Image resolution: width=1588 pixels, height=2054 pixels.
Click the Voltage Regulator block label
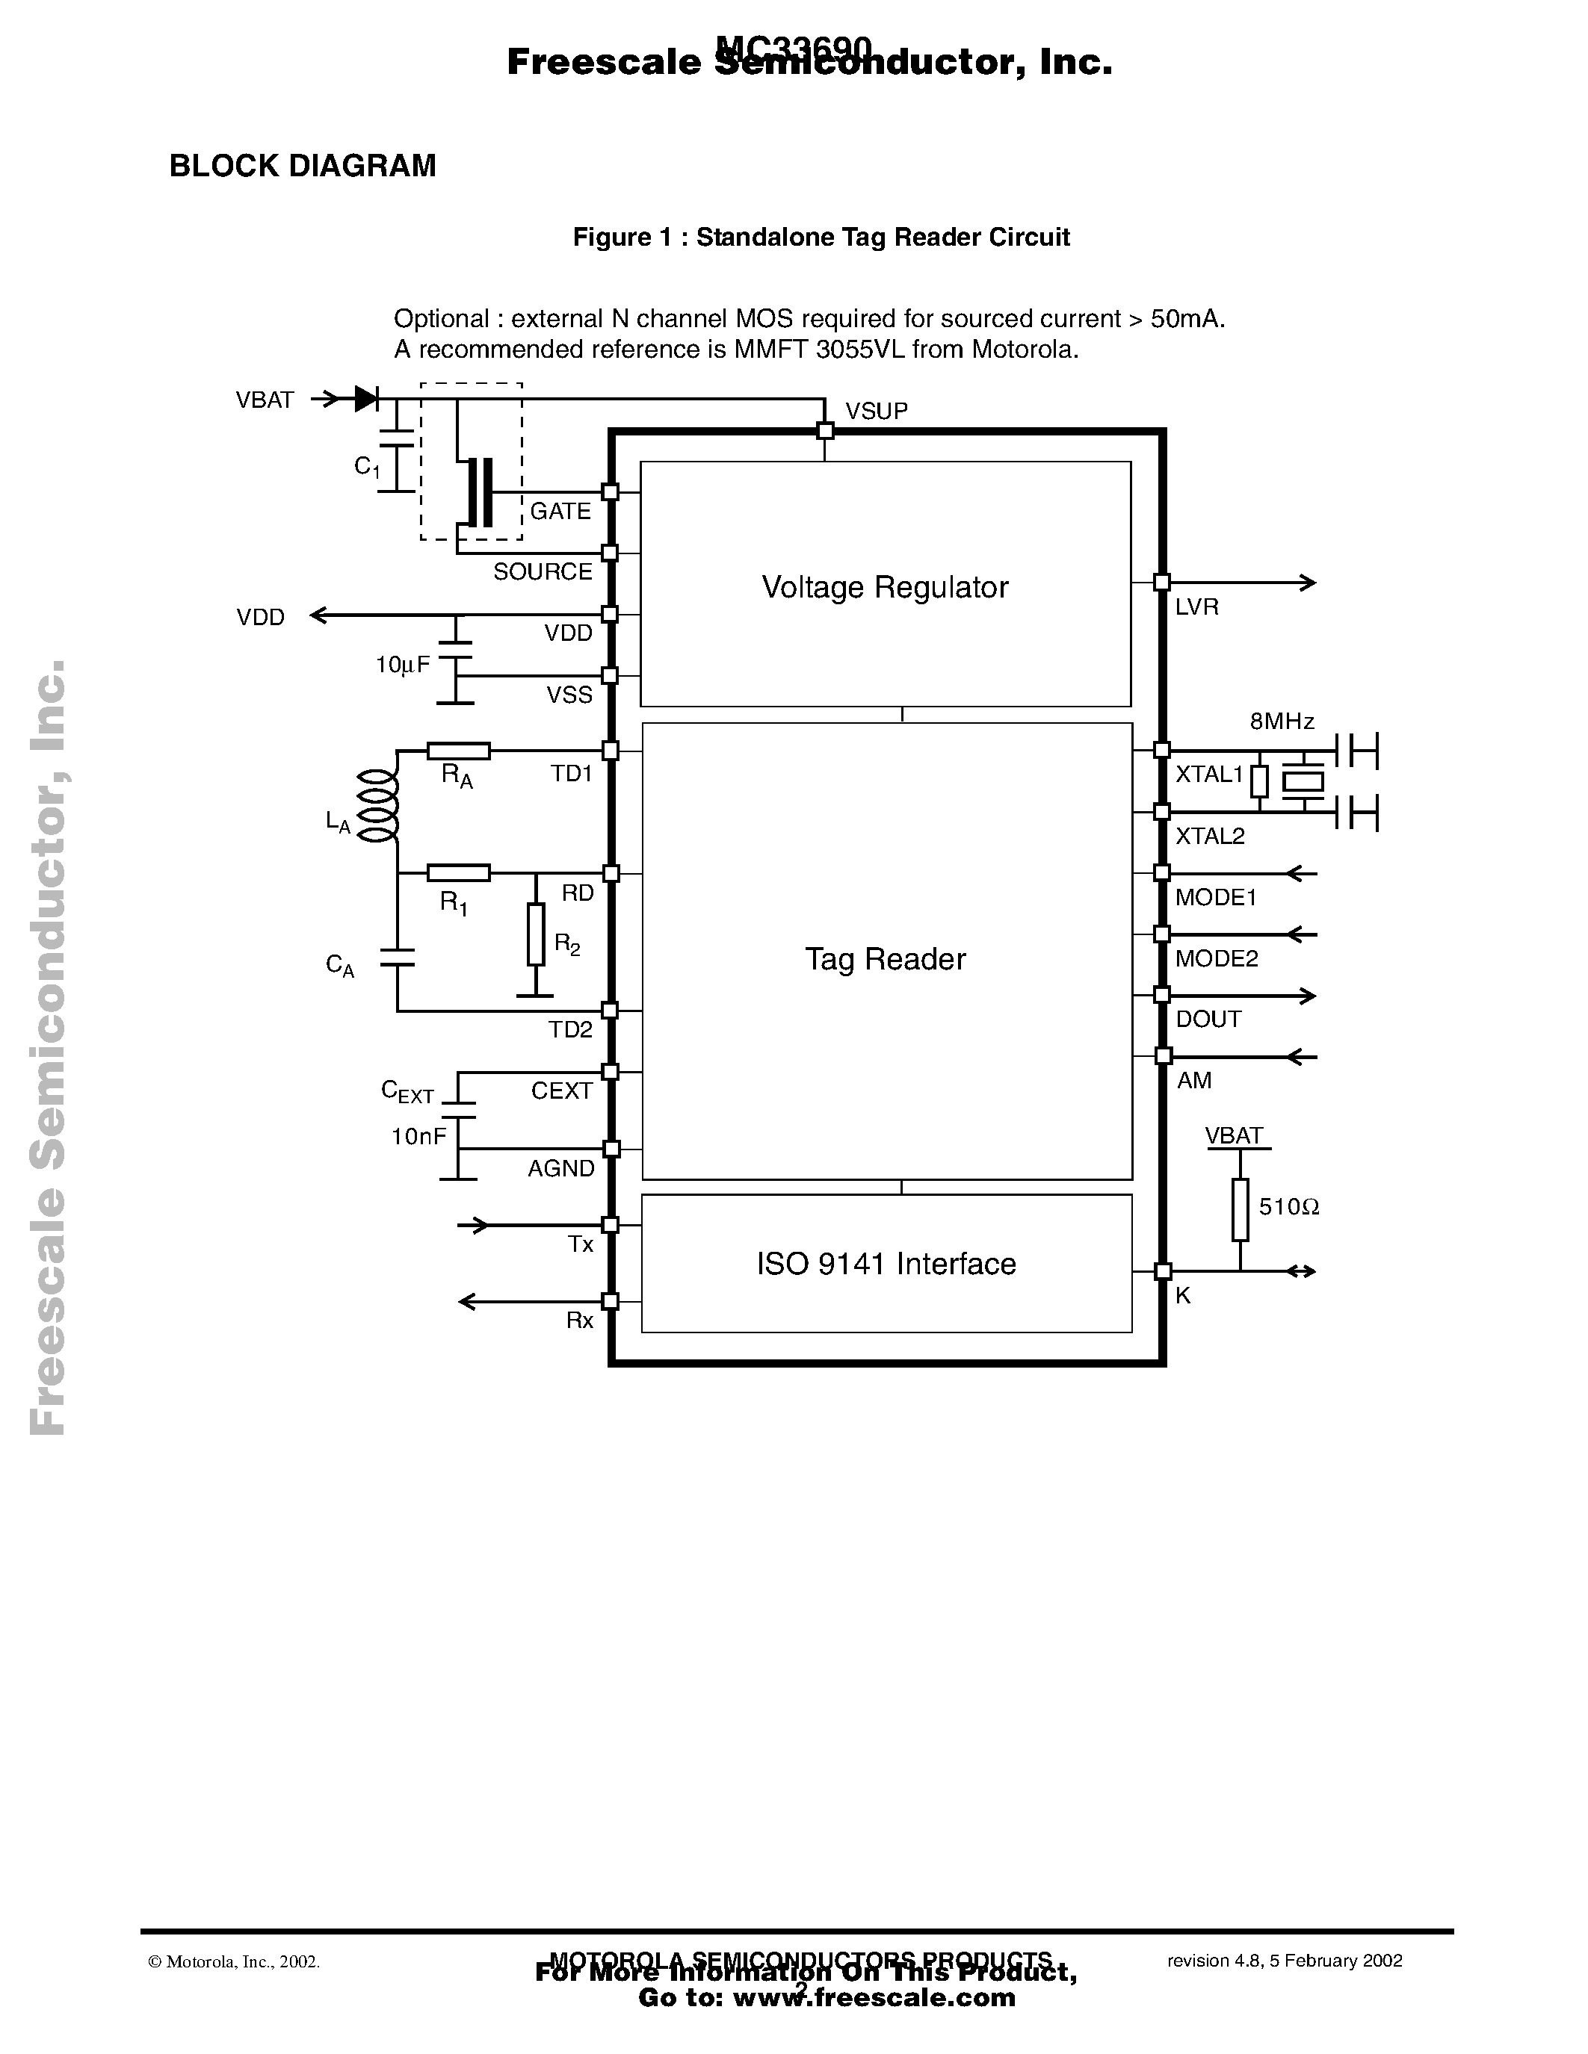tap(884, 587)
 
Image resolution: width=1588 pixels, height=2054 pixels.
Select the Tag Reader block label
tap(884, 959)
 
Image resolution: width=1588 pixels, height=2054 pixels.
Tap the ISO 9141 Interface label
tap(886, 1263)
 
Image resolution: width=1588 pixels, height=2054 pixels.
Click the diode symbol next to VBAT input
tap(366, 399)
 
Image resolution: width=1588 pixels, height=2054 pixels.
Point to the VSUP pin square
tap(825, 431)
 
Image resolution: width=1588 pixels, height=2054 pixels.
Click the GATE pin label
tap(560, 511)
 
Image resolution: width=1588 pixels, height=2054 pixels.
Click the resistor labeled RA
tap(458, 751)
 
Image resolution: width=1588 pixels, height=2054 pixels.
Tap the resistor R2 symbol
tap(535, 934)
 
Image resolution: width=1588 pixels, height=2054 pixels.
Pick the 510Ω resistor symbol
tap(1240, 1209)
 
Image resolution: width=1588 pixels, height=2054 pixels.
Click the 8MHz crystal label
tap(1282, 722)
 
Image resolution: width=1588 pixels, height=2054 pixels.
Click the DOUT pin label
tap(1208, 1020)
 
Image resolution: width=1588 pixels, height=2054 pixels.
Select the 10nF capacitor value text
tap(418, 1137)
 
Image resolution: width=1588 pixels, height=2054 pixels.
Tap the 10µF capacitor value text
tap(403, 665)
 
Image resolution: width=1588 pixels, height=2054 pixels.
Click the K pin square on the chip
tap(1163, 1271)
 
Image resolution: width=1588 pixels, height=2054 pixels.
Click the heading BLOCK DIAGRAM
tap(302, 166)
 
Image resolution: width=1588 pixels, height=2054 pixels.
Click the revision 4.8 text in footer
tap(1284, 1960)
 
